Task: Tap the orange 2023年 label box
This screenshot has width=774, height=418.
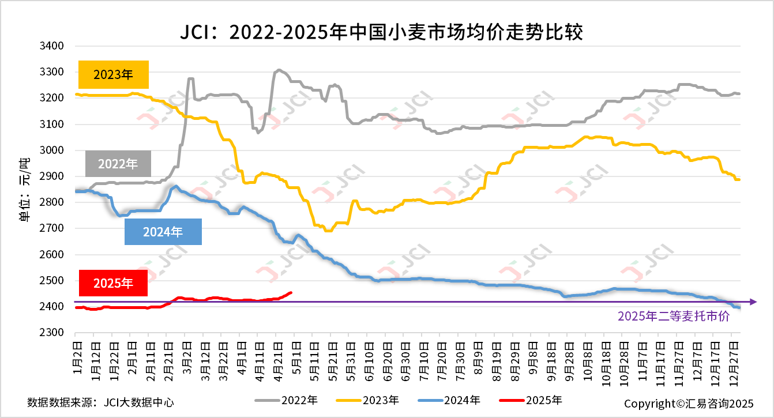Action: coord(114,74)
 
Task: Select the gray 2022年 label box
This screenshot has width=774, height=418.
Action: coord(118,164)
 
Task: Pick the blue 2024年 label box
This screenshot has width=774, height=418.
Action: coord(163,232)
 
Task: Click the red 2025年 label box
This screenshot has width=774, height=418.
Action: coord(113,283)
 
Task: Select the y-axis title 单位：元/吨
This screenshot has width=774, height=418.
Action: coord(24,189)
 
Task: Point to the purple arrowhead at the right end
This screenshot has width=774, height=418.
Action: coord(752,302)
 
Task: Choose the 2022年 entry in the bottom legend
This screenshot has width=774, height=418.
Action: coord(286,400)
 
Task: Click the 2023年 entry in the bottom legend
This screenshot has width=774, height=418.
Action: coord(367,400)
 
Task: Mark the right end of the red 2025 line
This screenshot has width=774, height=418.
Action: coord(291,292)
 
